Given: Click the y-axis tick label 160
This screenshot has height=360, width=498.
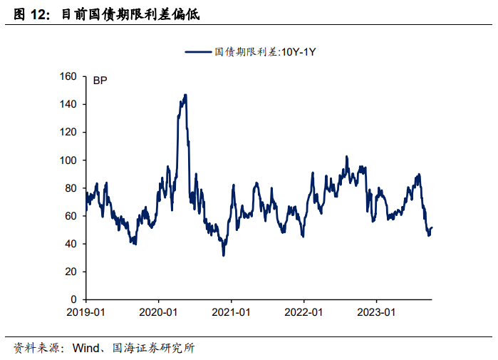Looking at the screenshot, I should pos(69,76).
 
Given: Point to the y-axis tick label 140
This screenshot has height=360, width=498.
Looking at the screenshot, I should pos(69,104).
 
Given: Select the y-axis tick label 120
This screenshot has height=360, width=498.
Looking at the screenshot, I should pos(69,132).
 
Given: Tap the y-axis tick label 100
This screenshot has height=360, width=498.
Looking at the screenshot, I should pos(69,160).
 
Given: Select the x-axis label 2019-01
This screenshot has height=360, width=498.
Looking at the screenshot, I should pos(85,312).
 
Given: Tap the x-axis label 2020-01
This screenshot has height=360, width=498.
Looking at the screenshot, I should pos(158,312).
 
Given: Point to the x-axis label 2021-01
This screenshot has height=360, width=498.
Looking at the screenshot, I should pos(232,312).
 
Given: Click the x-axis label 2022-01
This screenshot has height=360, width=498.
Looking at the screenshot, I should pos(304,312).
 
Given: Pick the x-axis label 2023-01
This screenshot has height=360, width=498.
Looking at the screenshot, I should pos(377,312).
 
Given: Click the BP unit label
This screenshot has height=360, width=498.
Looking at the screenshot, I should pos(100,81).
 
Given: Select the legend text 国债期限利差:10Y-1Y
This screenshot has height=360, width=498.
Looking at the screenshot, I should pos(264,51).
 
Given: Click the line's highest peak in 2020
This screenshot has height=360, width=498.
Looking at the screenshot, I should pos(185,95).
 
